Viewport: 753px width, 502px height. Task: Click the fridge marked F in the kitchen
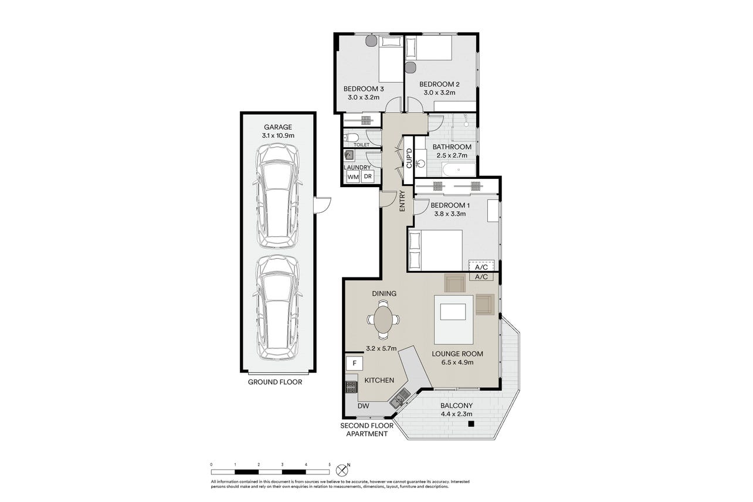tap(354, 363)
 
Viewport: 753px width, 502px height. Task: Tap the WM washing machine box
tap(352, 177)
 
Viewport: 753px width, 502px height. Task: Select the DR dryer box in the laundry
tap(368, 176)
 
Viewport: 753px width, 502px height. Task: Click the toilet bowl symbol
tap(351, 137)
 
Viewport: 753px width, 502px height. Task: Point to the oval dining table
tap(383, 318)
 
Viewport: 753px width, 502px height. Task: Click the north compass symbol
tap(342, 470)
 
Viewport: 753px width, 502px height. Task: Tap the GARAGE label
tap(277, 127)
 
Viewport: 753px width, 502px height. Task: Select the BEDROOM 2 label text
tap(439, 84)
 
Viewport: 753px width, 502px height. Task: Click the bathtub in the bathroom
tap(459, 169)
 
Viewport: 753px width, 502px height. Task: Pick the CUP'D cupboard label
tap(409, 158)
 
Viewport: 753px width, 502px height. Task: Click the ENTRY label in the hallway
tap(402, 201)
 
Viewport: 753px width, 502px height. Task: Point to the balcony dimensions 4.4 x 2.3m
tap(456, 414)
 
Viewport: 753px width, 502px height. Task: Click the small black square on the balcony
tap(472, 424)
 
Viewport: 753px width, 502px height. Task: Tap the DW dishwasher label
tap(364, 406)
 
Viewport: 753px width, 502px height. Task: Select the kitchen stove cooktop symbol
tap(351, 386)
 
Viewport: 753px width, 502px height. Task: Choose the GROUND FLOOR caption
tap(275, 382)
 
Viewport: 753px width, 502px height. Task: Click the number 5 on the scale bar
tap(330, 464)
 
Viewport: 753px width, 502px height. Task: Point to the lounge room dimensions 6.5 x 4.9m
tap(457, 362)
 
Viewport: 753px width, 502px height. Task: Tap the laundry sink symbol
tap(350, 155)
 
